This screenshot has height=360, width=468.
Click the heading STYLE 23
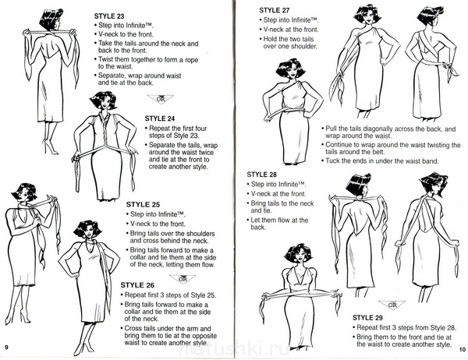(109, 16)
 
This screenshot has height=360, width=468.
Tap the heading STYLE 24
(160, 118)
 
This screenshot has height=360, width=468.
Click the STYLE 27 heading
(275, 10)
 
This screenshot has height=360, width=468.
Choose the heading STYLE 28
(262, 175)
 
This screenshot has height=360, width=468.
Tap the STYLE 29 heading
(367, 318)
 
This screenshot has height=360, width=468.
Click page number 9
(6, 348)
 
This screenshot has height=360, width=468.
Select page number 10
(463, 350)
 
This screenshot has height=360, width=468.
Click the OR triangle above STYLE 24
(160, 98)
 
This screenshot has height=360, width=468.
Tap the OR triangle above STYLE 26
(183, 279)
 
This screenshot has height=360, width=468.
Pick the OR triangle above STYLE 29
(392, 305)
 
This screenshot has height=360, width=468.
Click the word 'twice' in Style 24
(206, 153)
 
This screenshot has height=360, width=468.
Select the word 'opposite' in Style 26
(204, 336)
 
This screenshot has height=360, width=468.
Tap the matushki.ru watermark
(232, 348)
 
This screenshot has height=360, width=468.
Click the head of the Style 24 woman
(104, 101)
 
